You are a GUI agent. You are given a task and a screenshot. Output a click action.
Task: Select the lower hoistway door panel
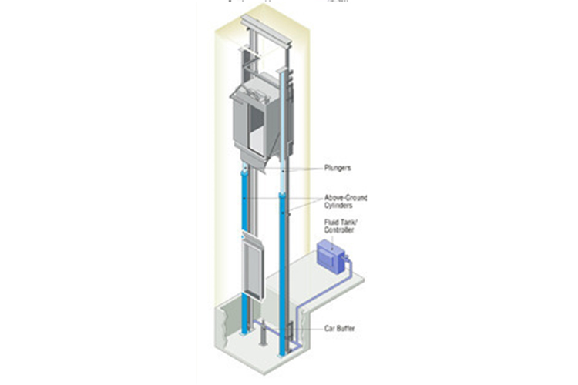(x=254, y=267)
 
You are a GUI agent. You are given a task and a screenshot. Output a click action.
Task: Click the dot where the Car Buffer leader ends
(x=291, y=331)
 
